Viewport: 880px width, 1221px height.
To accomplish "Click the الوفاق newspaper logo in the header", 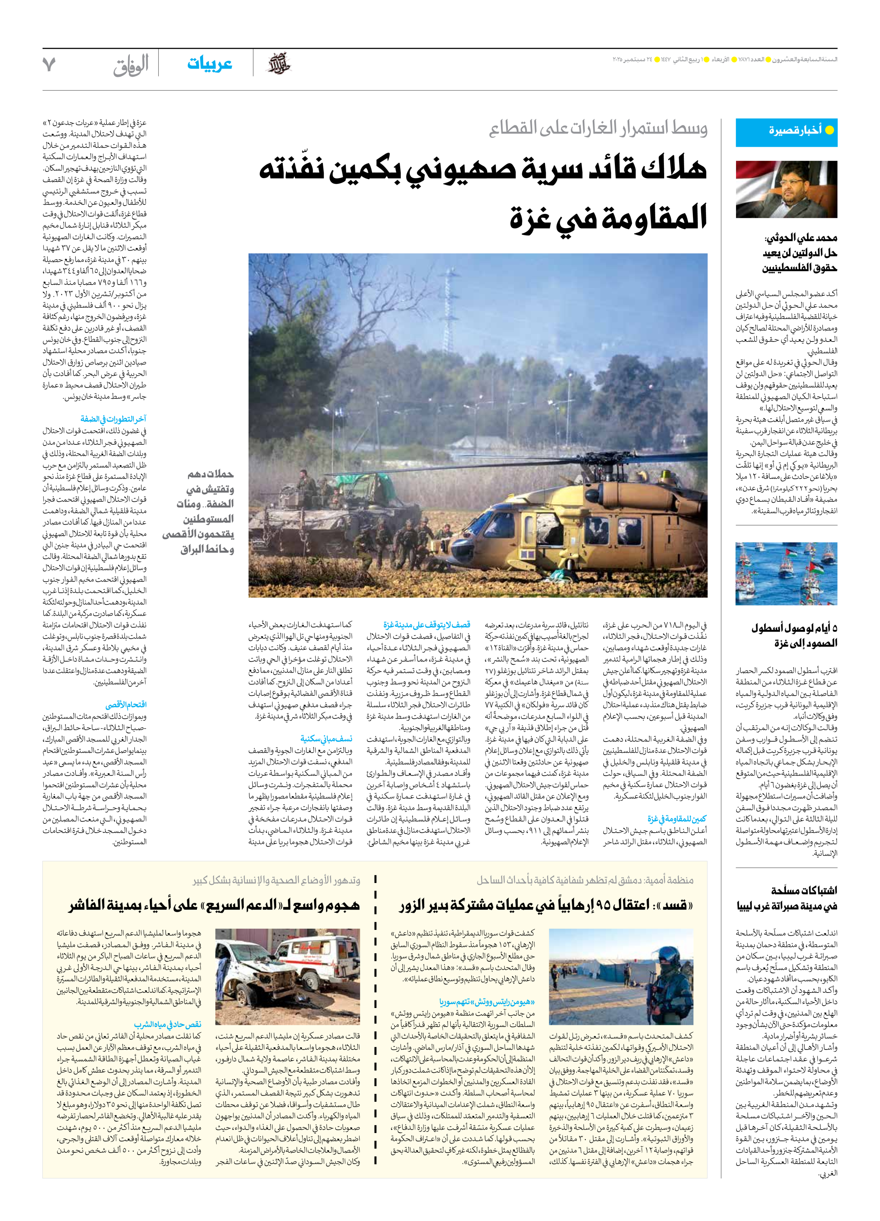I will [x=131, y=65].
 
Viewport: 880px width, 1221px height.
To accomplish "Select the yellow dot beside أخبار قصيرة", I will [x=829, y=130].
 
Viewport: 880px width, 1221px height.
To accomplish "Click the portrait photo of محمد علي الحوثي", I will [x=786, y=189].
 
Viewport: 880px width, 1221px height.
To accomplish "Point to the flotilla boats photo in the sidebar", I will [x=786, y=574].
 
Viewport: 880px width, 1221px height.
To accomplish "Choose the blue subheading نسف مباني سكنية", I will [x=326, y=739].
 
